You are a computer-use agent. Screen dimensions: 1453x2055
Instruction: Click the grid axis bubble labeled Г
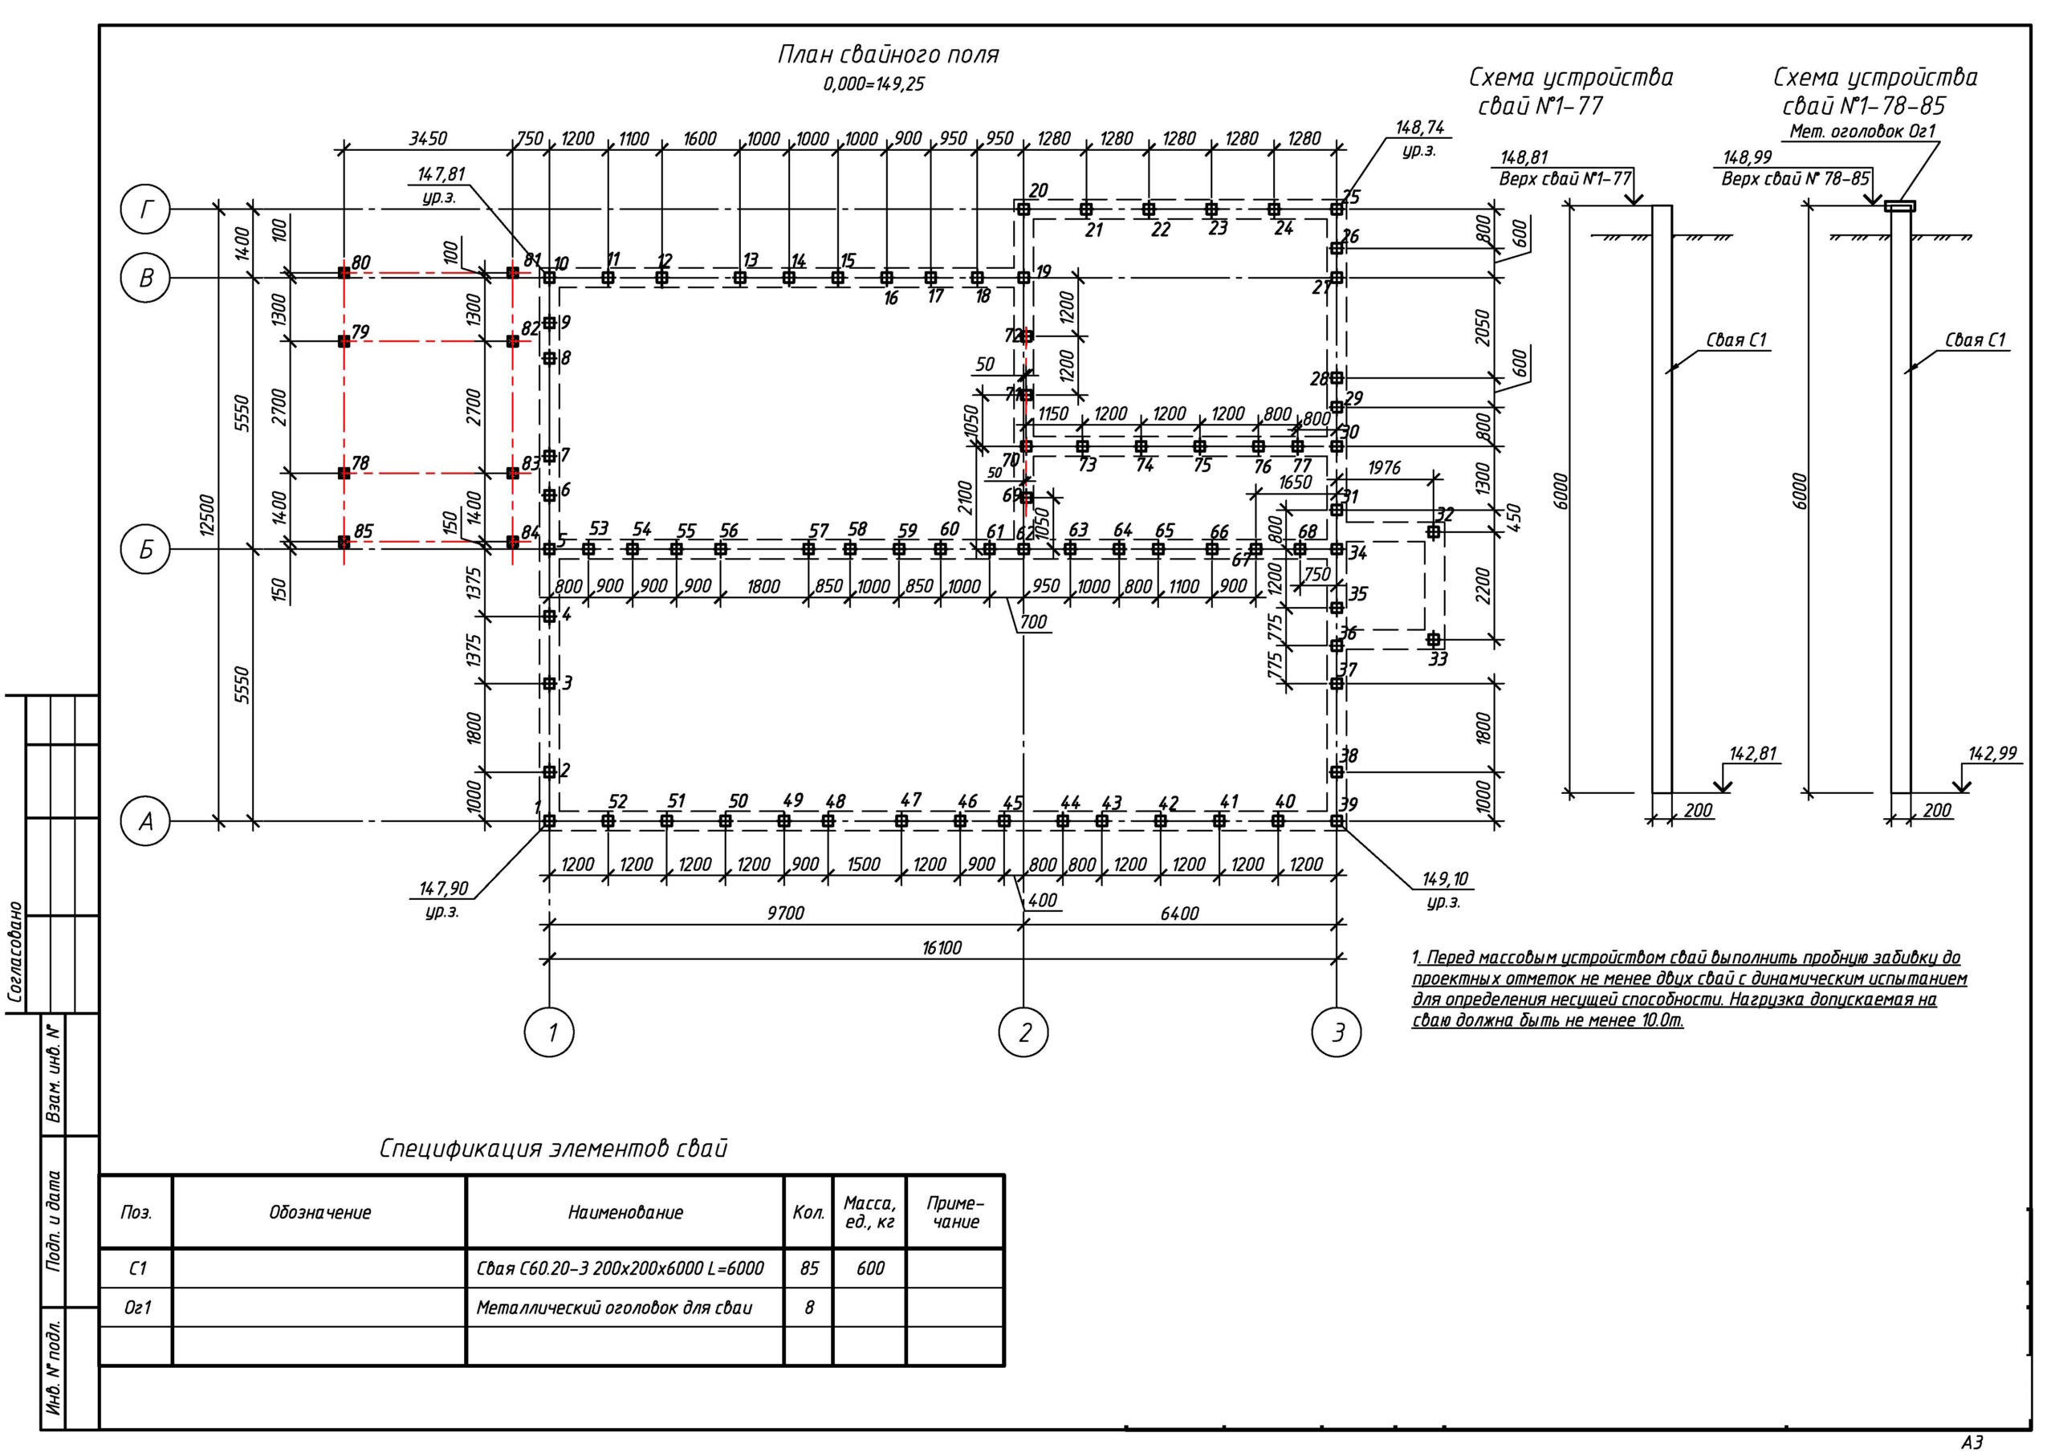tap(146, 210)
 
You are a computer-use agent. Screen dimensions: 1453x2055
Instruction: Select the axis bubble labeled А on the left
tap(146, 820)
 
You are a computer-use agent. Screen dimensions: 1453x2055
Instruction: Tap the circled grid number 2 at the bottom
tap(1024, 1033)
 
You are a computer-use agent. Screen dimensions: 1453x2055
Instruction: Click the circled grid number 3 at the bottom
tap(1337, 1033)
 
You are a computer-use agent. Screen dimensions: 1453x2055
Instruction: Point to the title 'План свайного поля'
tap(887, 55)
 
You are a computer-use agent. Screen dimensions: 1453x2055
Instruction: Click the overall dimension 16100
tap(942, 947)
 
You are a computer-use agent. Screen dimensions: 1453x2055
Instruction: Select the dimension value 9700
tap(785, 914)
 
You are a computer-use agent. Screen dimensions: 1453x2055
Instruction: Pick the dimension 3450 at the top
tap(428, 139)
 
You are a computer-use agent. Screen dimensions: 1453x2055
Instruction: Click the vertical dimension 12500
tap(208, 515)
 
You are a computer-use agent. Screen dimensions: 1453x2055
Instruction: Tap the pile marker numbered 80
tap(344, 272)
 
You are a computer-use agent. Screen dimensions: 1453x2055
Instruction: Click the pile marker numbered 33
tap(1433, 639)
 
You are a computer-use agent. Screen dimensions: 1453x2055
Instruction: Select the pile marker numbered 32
tap(1433, 531)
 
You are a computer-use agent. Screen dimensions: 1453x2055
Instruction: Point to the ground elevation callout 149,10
tap(1445, 880)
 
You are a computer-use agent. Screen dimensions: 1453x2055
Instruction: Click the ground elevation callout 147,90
tap(443, 889)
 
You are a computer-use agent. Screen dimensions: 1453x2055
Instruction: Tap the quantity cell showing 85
tap(808, 1268)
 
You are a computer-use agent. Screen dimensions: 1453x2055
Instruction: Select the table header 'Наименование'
tap(625, 1212)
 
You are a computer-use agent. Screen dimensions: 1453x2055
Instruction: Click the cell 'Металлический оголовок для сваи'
tap(614, 1307)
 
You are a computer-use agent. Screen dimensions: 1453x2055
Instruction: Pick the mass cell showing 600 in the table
tap(869, 1268)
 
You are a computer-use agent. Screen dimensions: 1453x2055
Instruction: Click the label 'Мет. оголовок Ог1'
tap(1862, 132)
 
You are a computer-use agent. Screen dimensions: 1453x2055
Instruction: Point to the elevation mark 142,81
tap(1752, 754)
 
